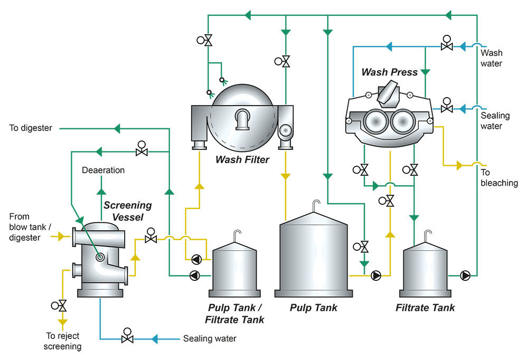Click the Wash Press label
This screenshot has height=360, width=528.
pos(390,72)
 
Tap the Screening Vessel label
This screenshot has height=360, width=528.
pos(127,210)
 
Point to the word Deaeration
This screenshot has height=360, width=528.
pos(103,170)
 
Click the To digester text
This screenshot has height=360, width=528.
pos(31,128)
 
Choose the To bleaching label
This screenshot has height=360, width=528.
pos(499,178)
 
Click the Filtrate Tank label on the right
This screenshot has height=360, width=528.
pos(425,307)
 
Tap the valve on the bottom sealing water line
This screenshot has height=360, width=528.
pos(127,337)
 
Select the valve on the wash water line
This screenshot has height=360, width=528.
pos(447,46)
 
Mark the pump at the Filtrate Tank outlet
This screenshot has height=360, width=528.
pos(466,275)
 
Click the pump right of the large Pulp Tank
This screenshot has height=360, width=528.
pos(376,275)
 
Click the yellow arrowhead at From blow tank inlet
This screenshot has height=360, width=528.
pos(60,237)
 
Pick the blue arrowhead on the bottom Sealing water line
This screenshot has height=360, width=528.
pos(156,338)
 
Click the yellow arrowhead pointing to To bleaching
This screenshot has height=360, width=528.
pos(459,166)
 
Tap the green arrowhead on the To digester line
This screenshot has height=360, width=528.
pos(118,128)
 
